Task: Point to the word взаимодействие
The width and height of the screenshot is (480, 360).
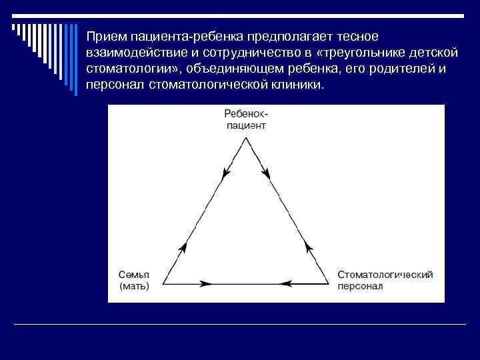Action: pos(134,52)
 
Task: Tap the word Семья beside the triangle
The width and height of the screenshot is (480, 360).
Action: pos(133,275)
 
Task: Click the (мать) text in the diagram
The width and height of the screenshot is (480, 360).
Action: pos(134,286)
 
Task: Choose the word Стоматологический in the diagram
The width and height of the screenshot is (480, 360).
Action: pos(385,275)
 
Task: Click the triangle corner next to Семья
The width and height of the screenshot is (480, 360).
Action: pos(164,283)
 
